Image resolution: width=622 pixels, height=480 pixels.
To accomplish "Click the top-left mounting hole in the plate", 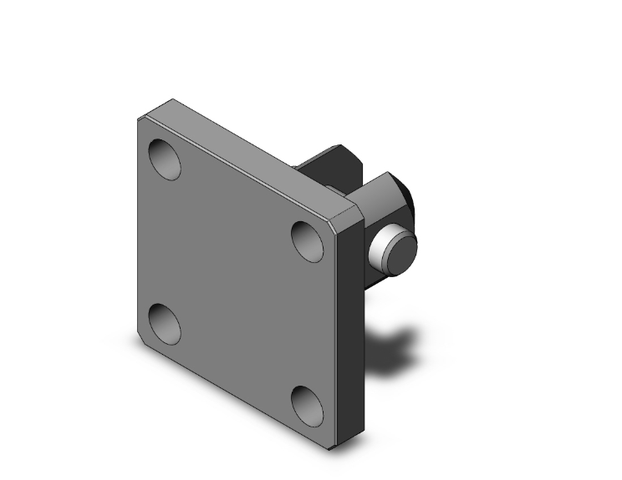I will tap(164, 159).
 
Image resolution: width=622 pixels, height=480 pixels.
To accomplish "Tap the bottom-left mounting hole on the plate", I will tap(164, 324).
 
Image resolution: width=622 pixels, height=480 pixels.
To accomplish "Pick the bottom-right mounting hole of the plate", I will tap(308, 405).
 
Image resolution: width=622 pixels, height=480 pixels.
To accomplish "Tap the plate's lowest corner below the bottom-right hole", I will tap(334, 447).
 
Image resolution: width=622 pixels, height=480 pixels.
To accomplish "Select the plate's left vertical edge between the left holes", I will tap(138, 242).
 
